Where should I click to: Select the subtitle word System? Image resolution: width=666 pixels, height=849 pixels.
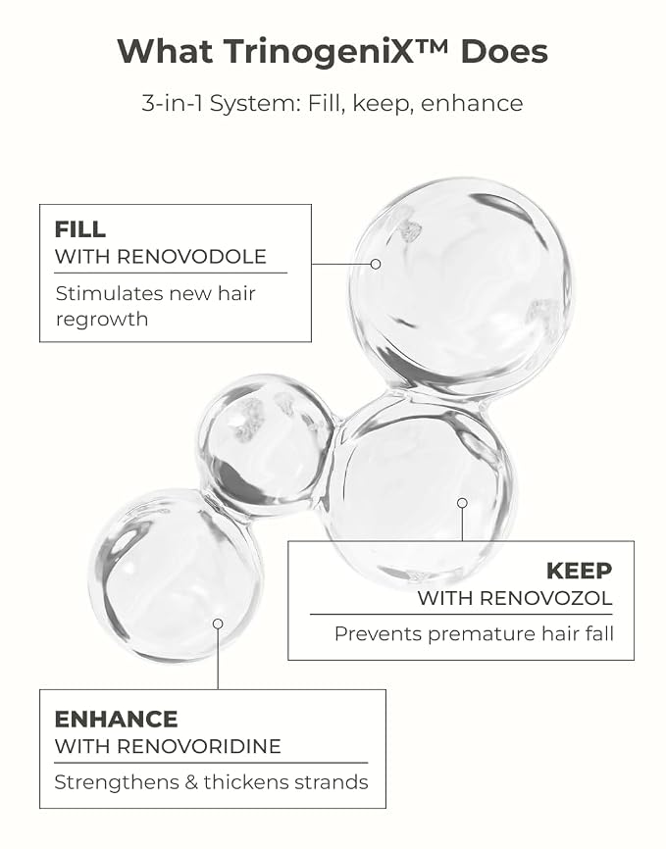255,104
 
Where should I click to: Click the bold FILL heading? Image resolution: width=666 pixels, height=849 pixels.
80,229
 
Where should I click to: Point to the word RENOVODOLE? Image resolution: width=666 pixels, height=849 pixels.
192,257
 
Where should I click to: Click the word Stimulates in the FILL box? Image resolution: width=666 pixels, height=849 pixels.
110,293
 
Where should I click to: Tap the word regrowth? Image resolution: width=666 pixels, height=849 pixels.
102,320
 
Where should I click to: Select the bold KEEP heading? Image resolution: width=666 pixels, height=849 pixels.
580,571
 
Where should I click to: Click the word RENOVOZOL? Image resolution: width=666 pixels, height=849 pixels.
545,598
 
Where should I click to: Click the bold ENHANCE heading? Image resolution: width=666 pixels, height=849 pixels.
116,720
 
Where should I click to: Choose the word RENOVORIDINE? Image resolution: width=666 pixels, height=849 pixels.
199,747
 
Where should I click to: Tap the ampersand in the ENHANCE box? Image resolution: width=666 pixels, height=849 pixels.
191,782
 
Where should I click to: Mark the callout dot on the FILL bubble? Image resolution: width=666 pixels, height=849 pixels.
376,265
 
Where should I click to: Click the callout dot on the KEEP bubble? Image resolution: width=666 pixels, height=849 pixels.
462,503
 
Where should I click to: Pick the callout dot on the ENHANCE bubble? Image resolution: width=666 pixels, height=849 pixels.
218,624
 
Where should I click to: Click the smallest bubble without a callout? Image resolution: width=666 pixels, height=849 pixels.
267,441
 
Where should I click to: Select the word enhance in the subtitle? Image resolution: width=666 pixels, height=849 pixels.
472,104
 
